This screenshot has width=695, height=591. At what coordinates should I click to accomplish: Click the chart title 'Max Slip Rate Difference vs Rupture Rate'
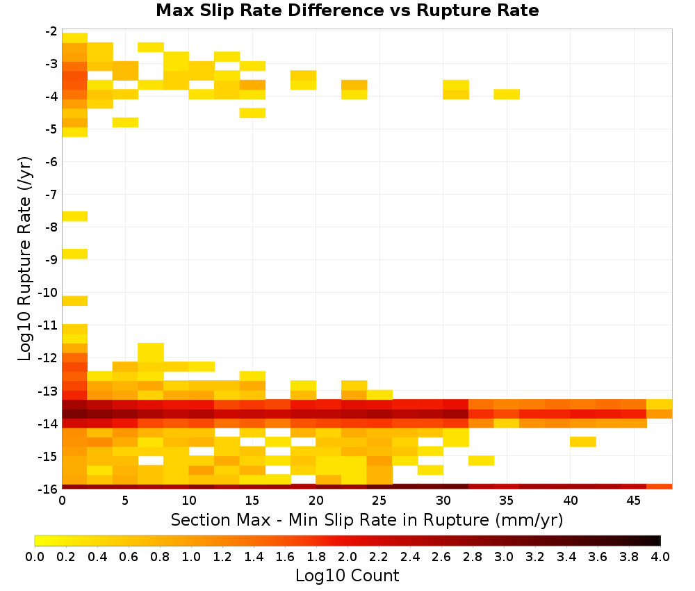pos(347,10)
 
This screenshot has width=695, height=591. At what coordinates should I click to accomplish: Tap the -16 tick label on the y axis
pos(48,489)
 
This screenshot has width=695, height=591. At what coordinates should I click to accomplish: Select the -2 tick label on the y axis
pos(51,31)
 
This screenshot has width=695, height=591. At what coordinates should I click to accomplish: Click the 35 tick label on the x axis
pos(506,501)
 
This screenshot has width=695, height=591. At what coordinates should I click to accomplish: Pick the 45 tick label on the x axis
pos(633,501)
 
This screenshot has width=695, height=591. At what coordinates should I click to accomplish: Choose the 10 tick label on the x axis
pos(189,501)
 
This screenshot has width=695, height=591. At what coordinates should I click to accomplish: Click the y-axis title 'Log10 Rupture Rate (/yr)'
pos(25,259)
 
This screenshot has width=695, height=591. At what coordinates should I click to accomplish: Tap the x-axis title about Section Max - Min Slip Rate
pos(366,520)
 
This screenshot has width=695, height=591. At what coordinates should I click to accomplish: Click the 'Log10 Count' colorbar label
pos(347,576)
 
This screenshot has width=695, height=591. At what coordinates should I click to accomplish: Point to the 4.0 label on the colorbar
pos(660,557)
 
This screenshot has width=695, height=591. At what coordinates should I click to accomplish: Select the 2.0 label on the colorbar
pos(347,557)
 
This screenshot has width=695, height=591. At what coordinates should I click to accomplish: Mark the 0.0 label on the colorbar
pos(35,557)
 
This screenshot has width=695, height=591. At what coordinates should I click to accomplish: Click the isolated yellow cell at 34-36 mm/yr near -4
pos(507,94)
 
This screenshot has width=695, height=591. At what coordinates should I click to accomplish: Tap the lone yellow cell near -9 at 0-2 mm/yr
pos(75,254)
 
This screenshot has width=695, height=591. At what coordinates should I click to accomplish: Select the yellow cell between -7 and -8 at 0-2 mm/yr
pos(75,216)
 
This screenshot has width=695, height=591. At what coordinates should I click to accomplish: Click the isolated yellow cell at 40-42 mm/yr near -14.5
pos(583,442)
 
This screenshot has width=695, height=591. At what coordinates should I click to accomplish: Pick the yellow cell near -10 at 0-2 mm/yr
pos(75,300)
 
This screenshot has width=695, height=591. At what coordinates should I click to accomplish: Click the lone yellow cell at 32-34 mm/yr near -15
pos(482,461)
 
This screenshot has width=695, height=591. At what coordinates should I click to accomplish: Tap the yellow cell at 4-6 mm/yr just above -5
pos(125,122)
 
